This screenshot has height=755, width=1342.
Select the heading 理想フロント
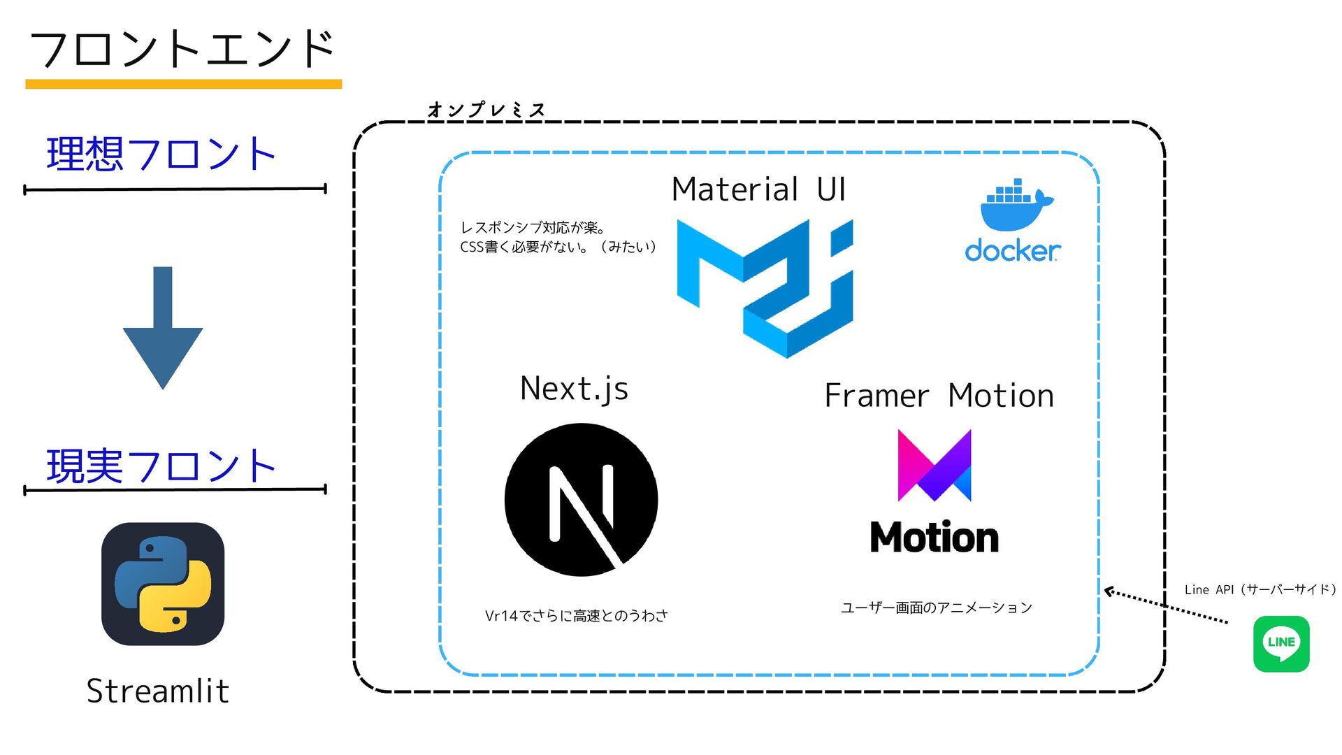coord(161,154)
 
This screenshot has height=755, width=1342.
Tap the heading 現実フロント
coord(161,466)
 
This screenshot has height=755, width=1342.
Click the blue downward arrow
coord(163,329)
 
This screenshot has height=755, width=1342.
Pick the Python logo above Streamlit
coord(163,584)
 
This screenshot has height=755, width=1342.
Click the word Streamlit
coord(158,691)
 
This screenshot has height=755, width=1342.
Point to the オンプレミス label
coord(486,110)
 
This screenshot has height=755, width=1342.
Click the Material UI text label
coord(758,189)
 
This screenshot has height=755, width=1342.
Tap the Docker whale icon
coord(1016,206)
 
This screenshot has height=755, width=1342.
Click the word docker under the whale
coord(1012,250)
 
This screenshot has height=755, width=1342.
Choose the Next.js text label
coord(574,389)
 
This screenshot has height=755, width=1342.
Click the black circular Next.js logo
coord(581,499)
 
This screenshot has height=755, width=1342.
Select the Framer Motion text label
coord(939,396)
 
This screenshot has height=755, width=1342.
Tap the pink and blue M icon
coord(934,466)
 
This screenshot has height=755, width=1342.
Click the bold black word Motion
coord(934,538)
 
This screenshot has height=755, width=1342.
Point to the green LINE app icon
coord(1281,643)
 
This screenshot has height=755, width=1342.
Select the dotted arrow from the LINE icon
coord(1166,606)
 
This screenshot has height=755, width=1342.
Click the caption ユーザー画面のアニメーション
coord(936,607)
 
